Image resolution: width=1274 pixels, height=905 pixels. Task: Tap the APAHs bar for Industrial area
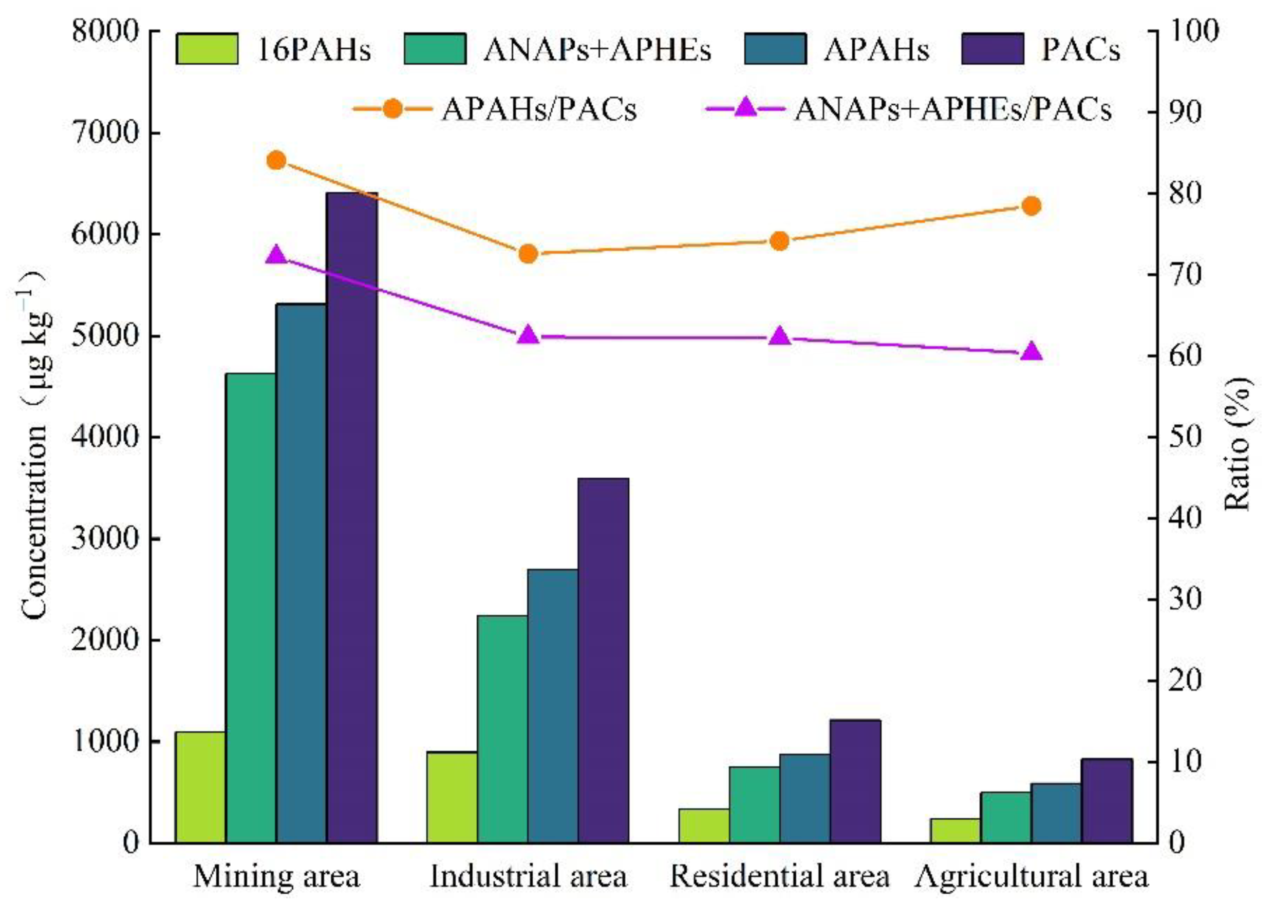[552, 705]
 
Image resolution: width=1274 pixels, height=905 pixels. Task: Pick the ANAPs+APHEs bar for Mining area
[251, 607]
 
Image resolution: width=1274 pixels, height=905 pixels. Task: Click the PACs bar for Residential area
[855, 780]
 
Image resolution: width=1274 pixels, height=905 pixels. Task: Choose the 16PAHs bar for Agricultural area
[955, 830]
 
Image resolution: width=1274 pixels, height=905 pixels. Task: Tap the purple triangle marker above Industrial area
[528, 335]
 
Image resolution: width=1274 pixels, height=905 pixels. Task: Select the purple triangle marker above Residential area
[780, 336]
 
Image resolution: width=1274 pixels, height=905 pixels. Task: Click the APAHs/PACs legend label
[539, 110]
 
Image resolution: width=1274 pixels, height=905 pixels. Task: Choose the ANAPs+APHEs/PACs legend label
[953, 110]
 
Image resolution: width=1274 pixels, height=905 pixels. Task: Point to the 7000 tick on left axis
[104, 133]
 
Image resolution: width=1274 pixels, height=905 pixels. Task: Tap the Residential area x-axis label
[780, 876]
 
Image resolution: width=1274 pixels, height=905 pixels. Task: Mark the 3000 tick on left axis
[104, 539]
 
